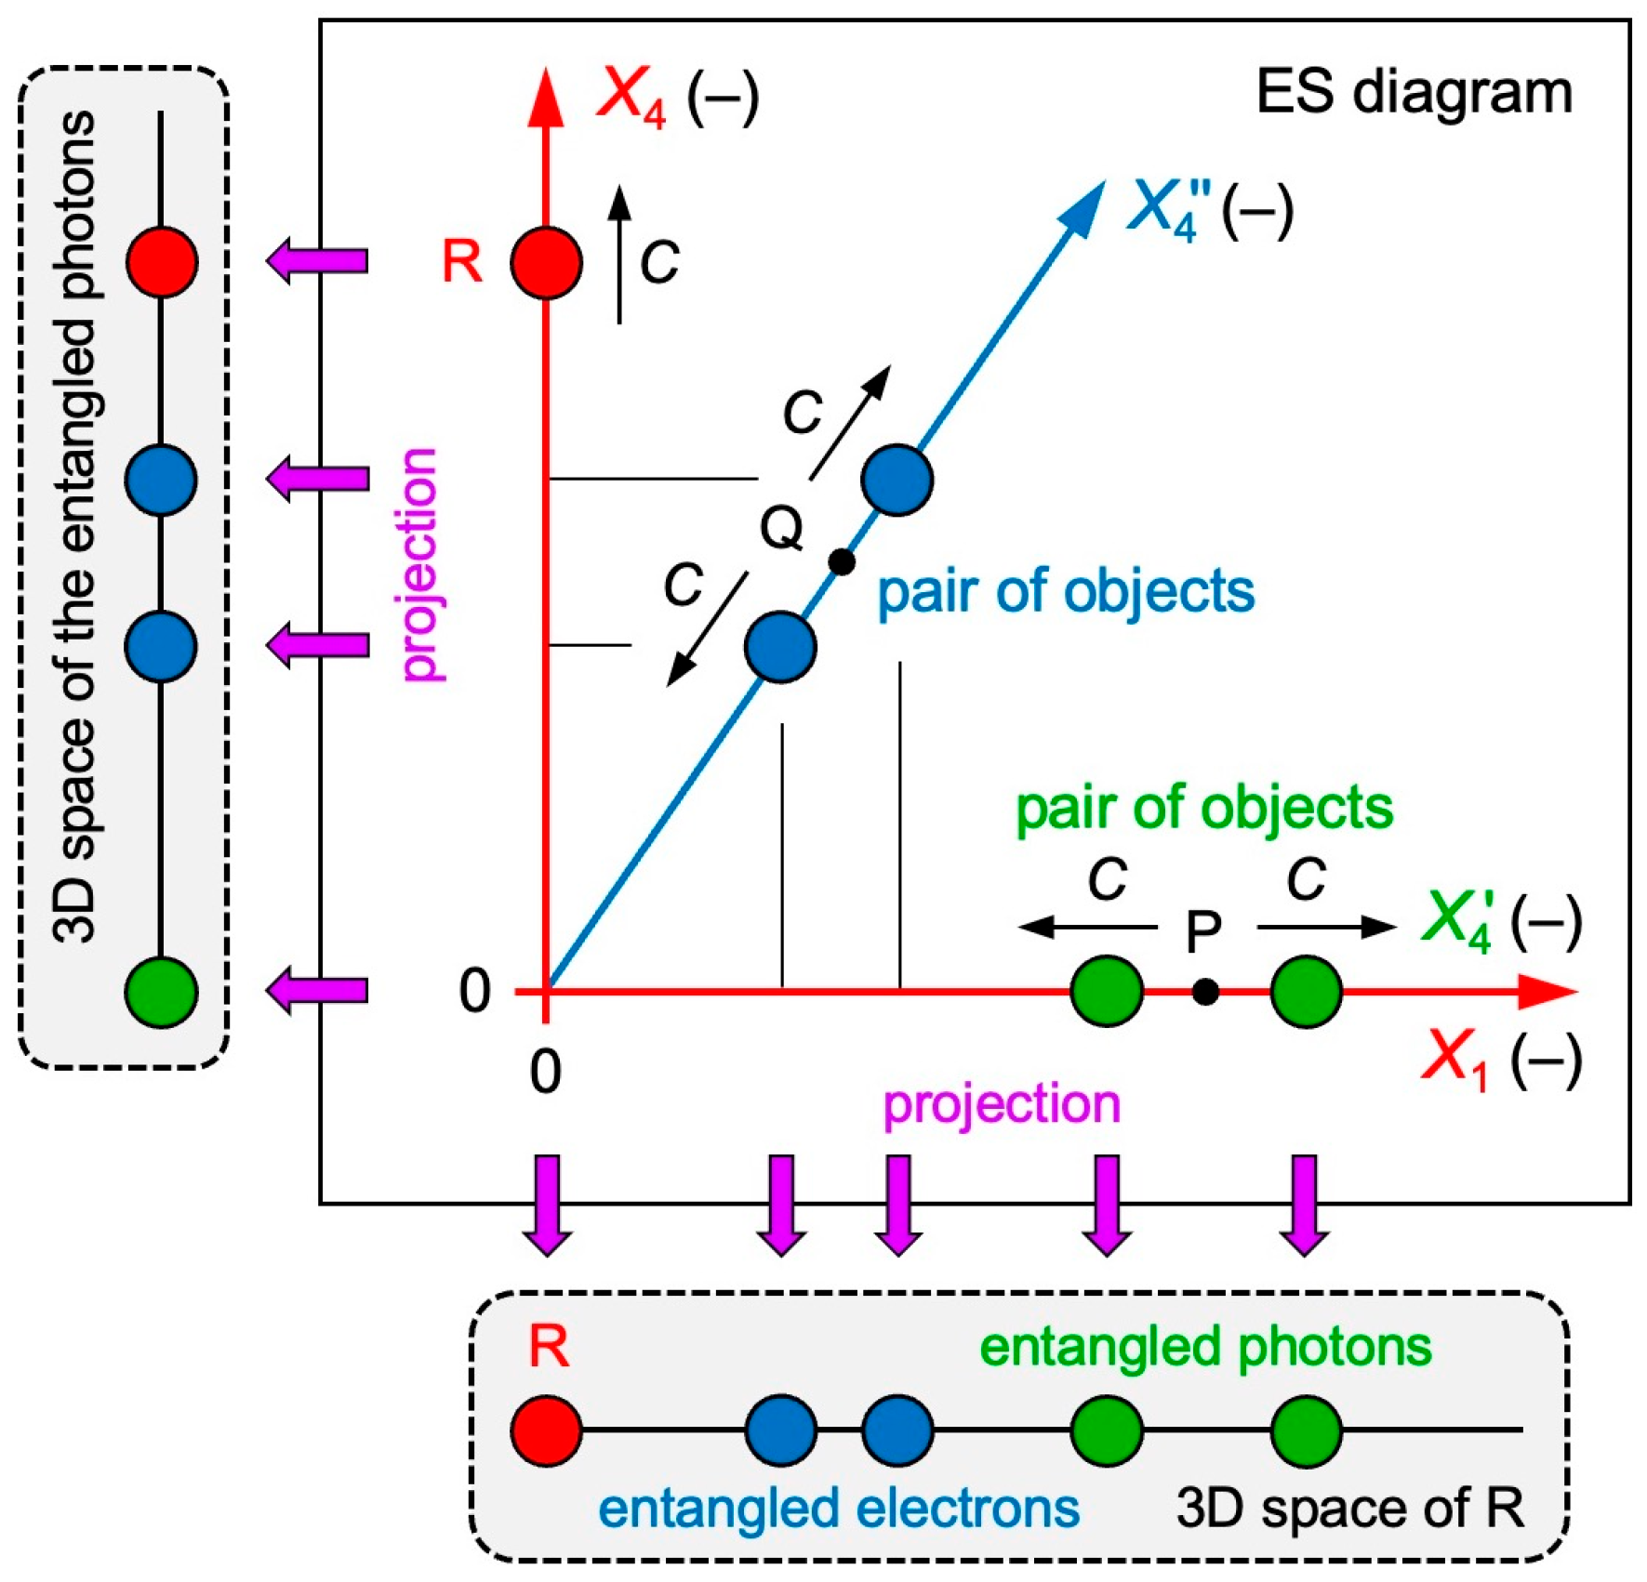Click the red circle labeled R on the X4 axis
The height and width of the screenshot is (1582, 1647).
point(547,263)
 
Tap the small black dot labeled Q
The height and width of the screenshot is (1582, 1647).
point(842,561)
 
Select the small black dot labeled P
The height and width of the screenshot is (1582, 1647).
point(1205,992)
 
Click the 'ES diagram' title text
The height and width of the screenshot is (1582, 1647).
point(1414,93)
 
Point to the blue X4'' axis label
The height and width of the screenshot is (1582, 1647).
point(1168,208)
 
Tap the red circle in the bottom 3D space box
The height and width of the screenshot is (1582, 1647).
point(547,1430)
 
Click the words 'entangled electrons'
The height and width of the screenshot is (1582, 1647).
point(839,1508)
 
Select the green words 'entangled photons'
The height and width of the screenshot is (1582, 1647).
point(1205,1347)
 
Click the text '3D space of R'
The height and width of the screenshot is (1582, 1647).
point(1349,1508)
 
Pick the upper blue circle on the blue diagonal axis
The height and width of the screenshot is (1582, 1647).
point(897,480)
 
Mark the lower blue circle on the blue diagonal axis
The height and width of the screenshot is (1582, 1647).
point(781,647)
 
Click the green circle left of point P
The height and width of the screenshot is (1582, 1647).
point(1107,991)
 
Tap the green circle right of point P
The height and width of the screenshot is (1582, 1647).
point(1306,991)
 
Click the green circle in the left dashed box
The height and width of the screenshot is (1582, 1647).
point(162,992)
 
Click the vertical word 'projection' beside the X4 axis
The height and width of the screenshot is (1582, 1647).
point(419,564)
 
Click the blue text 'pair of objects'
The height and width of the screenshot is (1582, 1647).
point(1066,591)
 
